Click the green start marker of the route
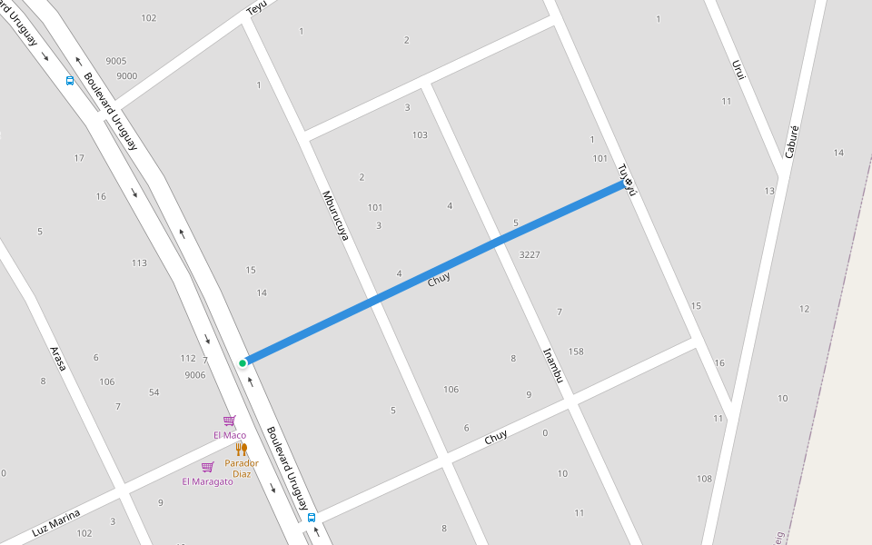coord(243,363)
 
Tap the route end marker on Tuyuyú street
coord(628,183)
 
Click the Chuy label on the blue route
coord(439,279)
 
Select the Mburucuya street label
coord(335,215)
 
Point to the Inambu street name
coord(553,365)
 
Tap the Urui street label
coord(738,71)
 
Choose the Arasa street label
coord(58,358)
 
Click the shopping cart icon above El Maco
coord(229,421)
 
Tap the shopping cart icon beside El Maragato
coord(207,467)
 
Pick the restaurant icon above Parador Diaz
coord(241,449)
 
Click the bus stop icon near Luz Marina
coord(312,518)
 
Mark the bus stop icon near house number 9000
coord(70,80)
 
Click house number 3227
coord(530,255)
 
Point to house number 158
coord(576,352)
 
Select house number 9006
coord(194,374)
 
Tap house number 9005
coord(116,61)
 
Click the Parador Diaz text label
coord(242,468)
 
